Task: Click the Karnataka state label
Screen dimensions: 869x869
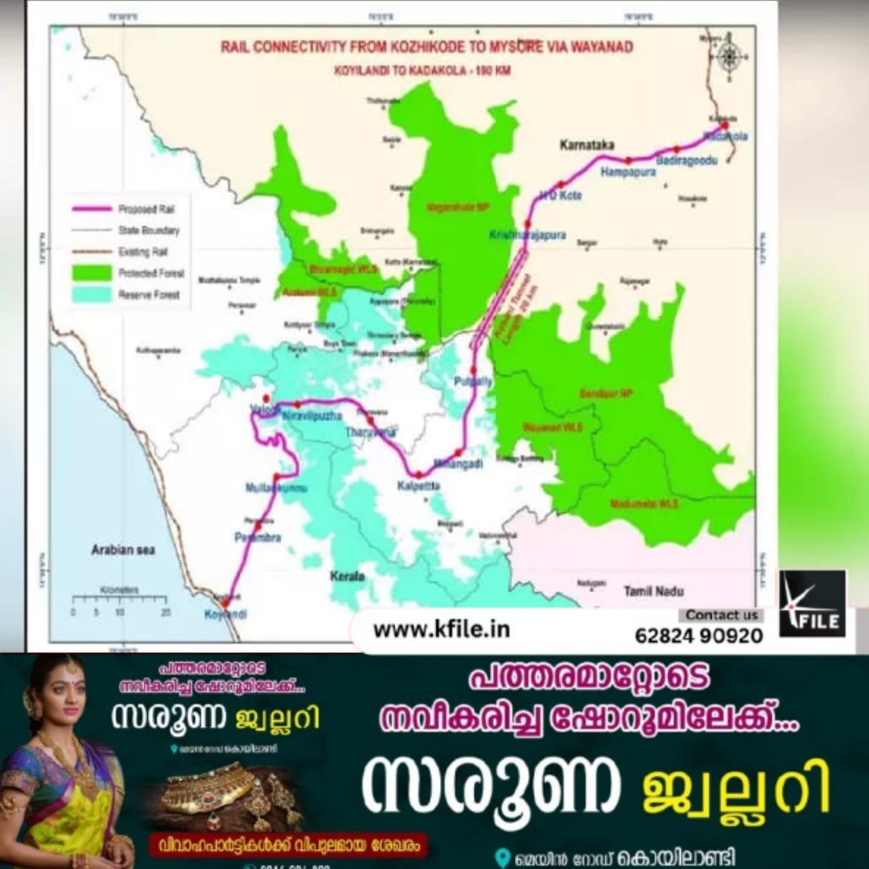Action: coord(587,145)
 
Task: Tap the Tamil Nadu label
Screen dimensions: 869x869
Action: coord(654,591)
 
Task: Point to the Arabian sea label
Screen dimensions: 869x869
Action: coord(123,550)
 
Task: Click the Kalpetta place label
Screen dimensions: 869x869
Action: coord(419,486)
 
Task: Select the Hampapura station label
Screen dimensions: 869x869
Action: coord(628,173)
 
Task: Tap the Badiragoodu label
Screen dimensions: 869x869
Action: coord(687,161)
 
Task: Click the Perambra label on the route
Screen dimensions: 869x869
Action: coord(258,537)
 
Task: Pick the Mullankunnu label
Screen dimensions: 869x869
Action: coord(276,488)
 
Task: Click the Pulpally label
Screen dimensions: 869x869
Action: coord(473,381)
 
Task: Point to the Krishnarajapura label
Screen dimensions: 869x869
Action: coord(527,235)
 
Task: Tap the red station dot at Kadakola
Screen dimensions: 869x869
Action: coord(725,125)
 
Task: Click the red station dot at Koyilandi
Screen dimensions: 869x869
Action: coord(225,603)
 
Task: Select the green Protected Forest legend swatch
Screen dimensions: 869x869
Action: coord(92,273)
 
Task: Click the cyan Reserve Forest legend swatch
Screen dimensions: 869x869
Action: coord(92,294)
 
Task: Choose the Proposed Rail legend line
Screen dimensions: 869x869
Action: coord(92,209)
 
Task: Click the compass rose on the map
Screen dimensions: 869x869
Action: coord(729,57)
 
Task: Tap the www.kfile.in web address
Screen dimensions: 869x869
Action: coord(442,629)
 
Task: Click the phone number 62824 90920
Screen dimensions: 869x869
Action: coord(699,635)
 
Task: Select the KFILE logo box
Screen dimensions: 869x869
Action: coord(812,603)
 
